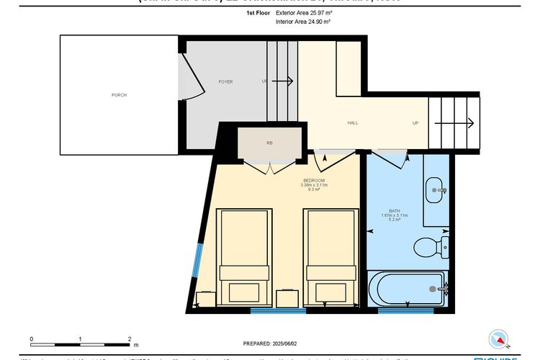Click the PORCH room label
point(119,95)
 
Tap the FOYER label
point(225,82)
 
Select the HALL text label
point(353,123)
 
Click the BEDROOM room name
point(315,180)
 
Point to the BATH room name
point(395,210)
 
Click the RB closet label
point(269,143)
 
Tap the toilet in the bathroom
point(432,246)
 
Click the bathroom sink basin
point(436,190)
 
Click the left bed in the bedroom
point(244,256)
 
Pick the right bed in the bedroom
point(330,256)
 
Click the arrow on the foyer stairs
point(282,81)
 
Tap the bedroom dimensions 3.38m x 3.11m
point(315,186)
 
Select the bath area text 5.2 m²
point(395,220)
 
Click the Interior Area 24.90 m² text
point(303,22)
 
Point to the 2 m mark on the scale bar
point(129,338)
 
